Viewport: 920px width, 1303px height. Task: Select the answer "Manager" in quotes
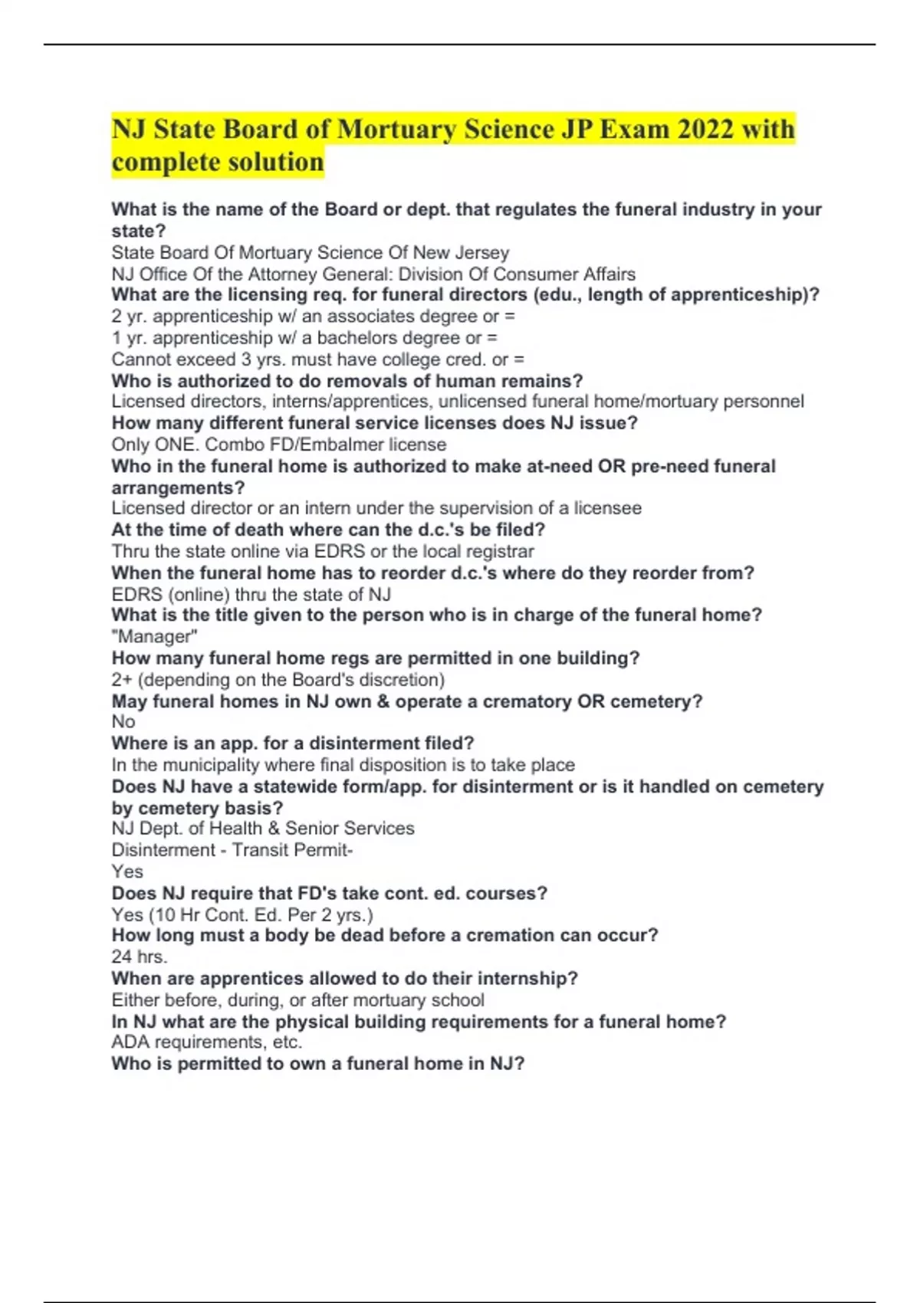155,636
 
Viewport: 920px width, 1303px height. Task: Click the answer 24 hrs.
140,957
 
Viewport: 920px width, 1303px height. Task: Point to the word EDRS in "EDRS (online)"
137,594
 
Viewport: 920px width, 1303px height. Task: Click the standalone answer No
123,721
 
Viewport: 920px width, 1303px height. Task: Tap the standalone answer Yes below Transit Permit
127,871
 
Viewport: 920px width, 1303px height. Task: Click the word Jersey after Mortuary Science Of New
480,252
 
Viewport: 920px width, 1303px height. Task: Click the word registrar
498,551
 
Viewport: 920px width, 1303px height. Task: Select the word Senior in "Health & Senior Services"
311,829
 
